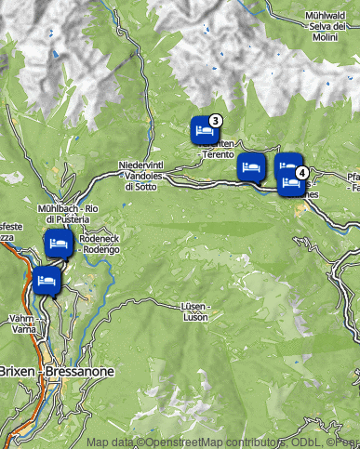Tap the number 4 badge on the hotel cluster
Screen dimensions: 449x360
301,172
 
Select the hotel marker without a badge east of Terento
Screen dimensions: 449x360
251,167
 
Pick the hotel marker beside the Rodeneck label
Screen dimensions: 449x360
59,245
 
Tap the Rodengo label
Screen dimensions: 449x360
100,249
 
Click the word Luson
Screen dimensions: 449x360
194,317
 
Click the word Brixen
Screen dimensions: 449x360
17,372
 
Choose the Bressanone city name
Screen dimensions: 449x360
79,372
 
